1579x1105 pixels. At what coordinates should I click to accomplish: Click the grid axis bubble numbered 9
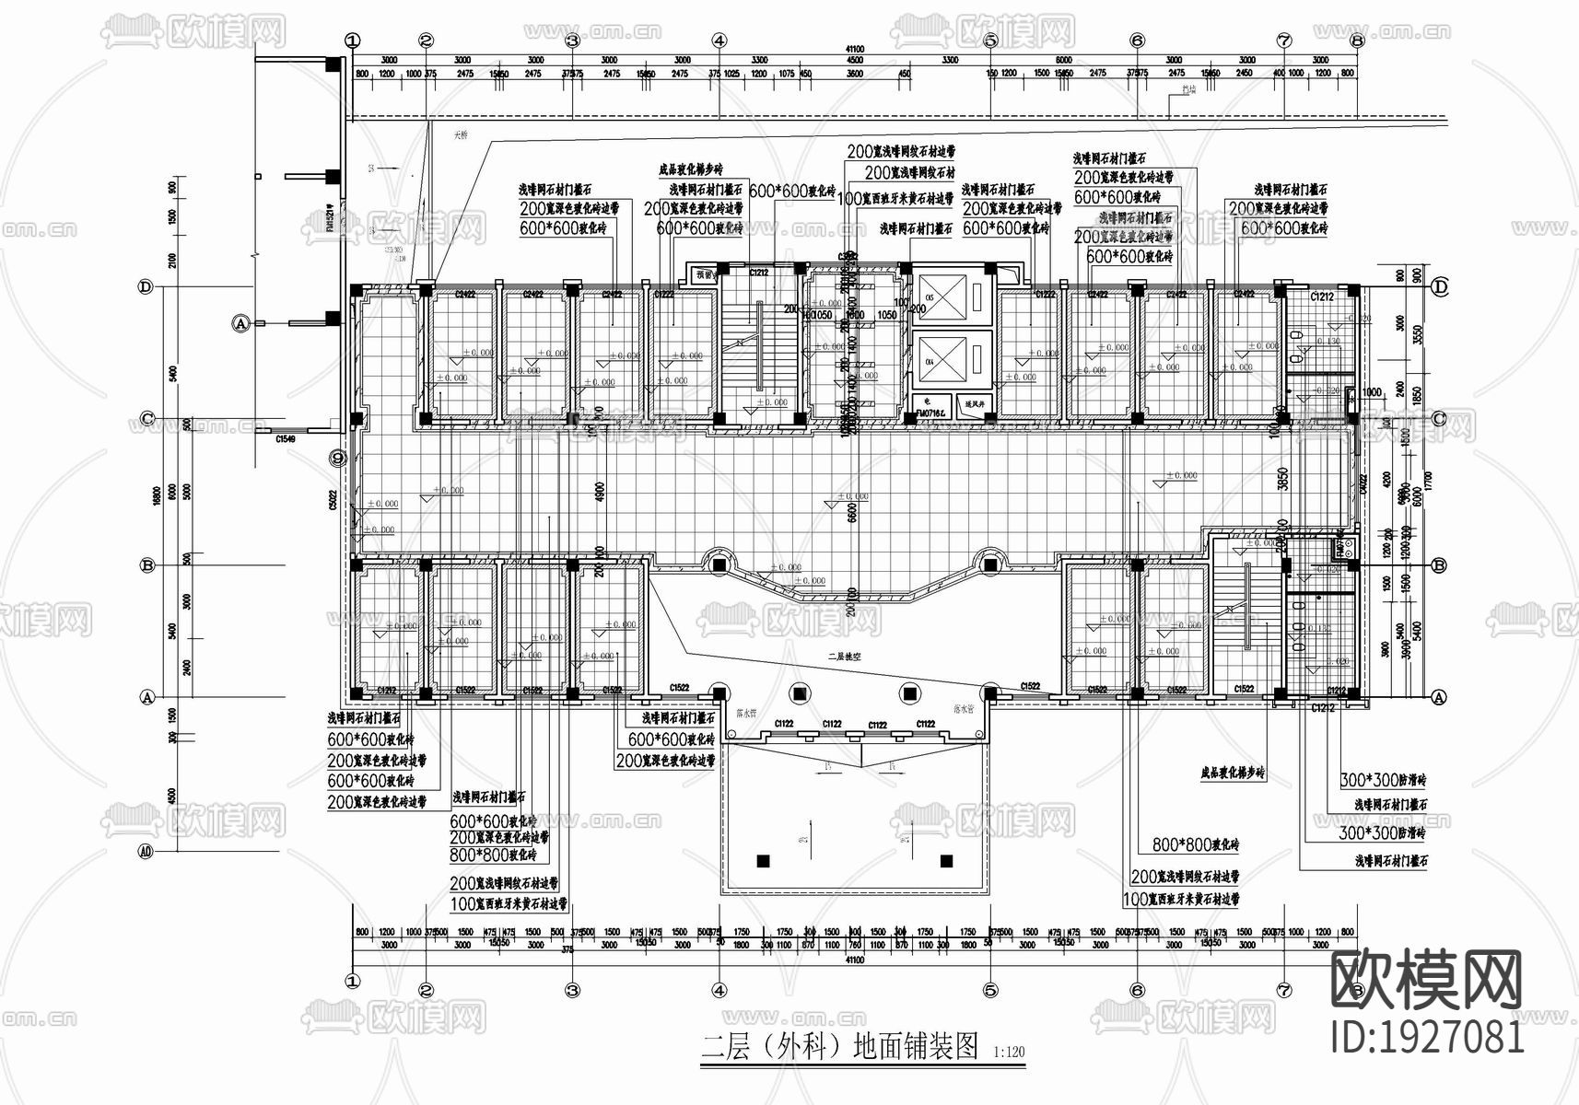pyautogui.click(x=338, y=458)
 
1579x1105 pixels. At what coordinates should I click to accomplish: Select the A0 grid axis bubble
pyautogui.click(x=146, y=853)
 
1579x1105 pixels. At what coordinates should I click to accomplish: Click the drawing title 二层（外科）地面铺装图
pyautogui.click(x=839, y=1047)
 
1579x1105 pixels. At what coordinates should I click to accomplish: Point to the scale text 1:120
pyautogui.click(x=1011, y=1052)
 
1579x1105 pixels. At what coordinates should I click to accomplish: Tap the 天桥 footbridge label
pyautogui.click(x=460, y=135)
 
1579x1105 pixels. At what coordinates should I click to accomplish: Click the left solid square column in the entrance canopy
pyautogui.click(x=763, y=861)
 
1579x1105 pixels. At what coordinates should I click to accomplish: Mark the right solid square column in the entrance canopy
pyautogui.click(x=945, y=861)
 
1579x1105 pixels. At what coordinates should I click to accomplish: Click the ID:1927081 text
pyautogui.click(x=1428, y=1036)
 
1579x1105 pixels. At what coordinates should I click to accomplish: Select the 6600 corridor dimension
pyautogui.click(x=853, y=506)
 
